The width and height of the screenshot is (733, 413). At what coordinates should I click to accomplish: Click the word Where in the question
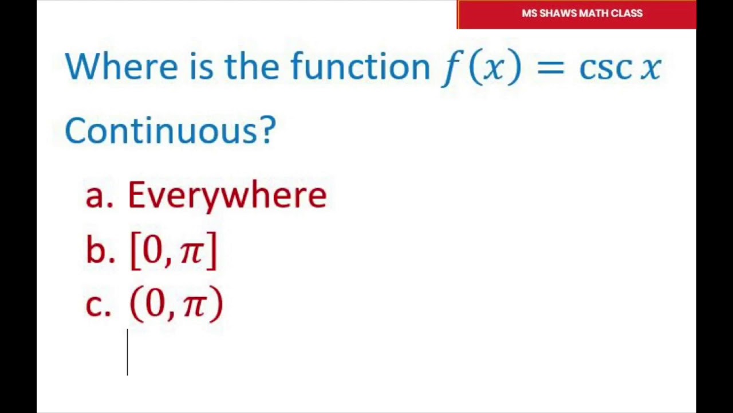point(121,67)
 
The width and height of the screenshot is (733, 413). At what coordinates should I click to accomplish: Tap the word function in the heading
point(360,67)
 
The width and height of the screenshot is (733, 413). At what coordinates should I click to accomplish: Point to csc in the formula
point(605,68)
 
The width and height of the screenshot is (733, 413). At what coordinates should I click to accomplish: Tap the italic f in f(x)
point(450,68)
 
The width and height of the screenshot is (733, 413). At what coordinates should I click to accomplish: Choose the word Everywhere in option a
point(227,196)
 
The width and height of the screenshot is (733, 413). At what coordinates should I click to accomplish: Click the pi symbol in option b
point(191,251)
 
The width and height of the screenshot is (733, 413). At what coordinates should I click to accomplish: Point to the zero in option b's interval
point(152,250)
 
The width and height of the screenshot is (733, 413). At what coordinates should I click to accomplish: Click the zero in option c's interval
point(156,304)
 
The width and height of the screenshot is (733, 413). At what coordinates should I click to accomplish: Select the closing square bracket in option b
point(211,251)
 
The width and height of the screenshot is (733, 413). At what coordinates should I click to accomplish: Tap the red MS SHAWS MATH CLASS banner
point(577,14)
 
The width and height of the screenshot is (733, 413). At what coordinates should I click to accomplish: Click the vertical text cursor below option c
point(128,352)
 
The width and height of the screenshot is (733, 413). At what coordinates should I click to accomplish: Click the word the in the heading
point(252,67)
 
